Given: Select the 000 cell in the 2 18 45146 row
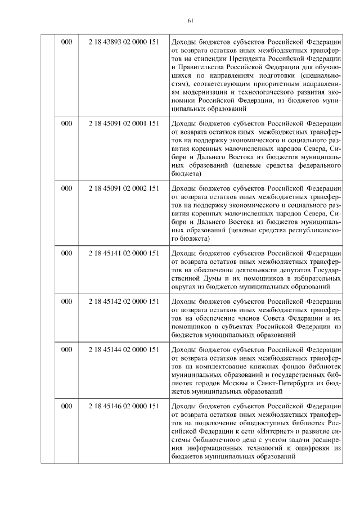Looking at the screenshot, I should pos(66,406).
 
